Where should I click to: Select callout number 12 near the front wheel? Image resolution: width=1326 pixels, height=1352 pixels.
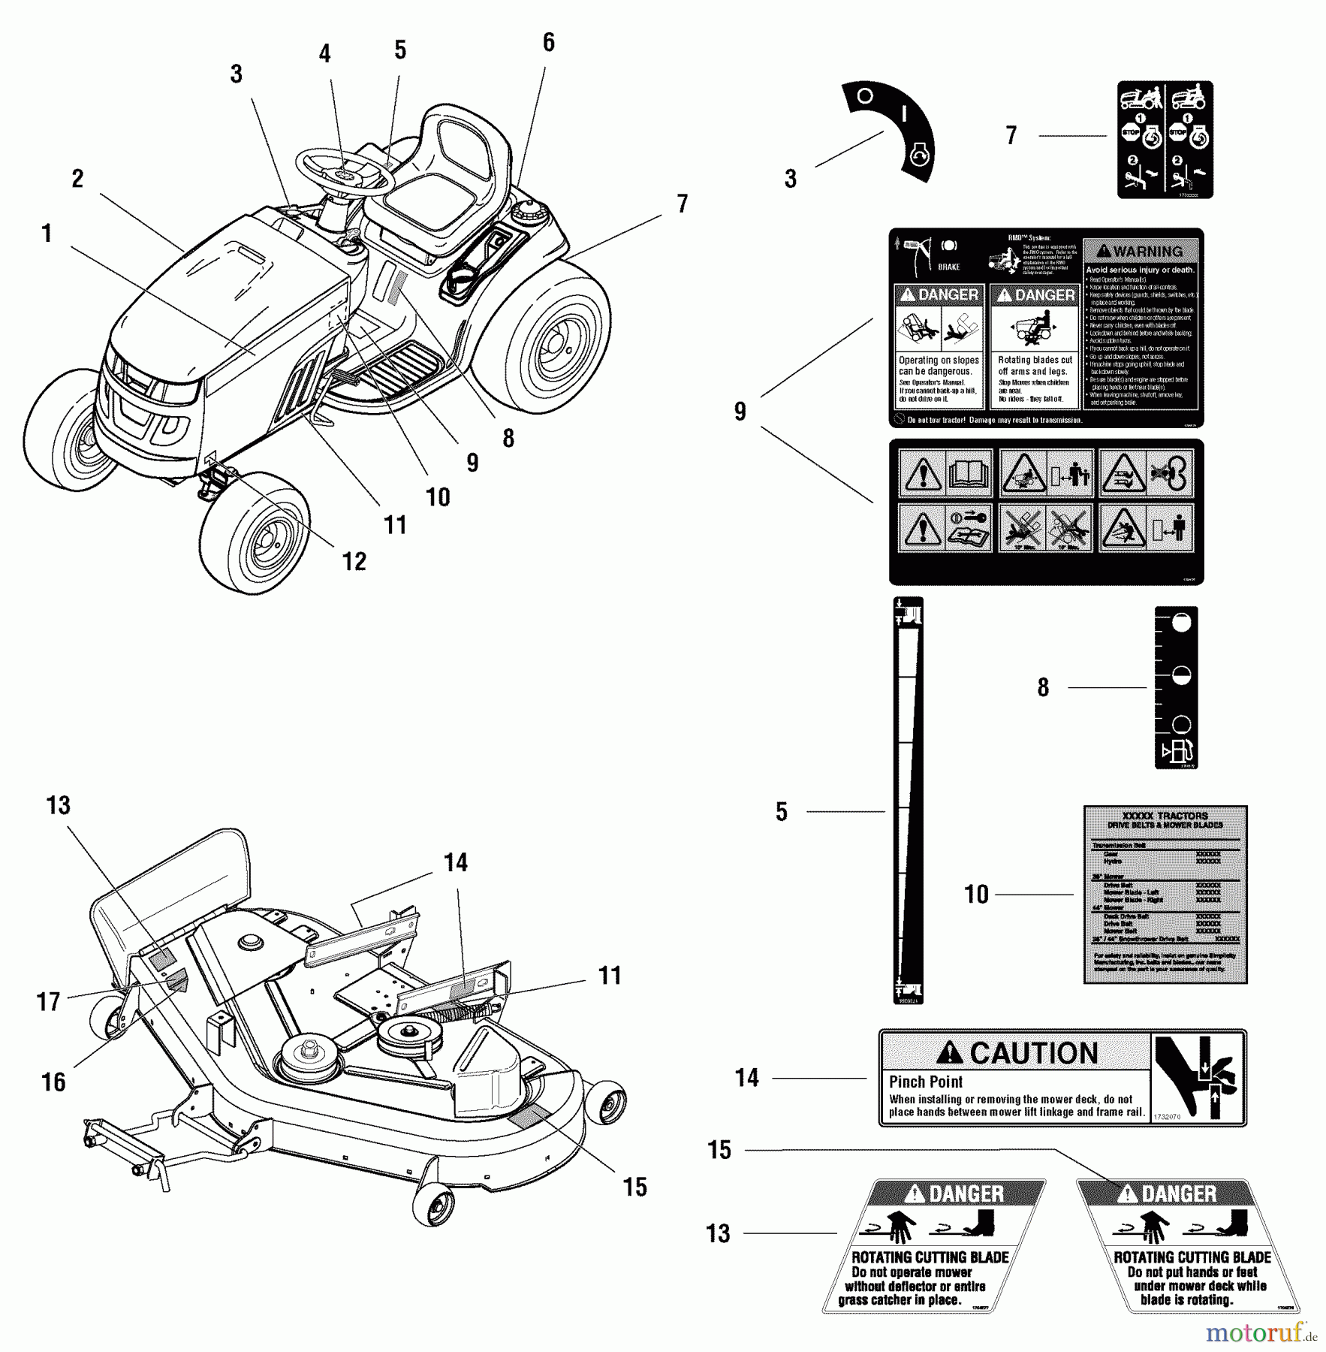click(x=354, y=561)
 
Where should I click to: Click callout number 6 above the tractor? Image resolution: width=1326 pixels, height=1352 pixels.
click(x=549, y=43)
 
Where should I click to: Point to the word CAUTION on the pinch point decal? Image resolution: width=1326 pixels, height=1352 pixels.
click(x=1034, y=1053)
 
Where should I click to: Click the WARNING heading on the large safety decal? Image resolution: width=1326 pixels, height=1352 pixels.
click(x=1140, y=252)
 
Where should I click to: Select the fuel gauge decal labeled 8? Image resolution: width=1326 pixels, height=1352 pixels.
click(x=1176, y=687)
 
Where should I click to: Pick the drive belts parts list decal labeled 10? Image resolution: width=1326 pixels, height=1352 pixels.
click(x=1165, y=895)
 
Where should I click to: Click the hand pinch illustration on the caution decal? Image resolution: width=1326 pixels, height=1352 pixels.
click(x=1198, y=1078)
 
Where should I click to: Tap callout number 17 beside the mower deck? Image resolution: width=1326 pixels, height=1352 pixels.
click(x=49, y=1002)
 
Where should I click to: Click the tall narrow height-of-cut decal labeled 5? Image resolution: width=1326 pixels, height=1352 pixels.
click(x=908, y=801)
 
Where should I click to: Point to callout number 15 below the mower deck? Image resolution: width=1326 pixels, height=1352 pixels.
click(x=634, y=1187)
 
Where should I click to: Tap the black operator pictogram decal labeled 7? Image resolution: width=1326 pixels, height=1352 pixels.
click(x=1165, y=140)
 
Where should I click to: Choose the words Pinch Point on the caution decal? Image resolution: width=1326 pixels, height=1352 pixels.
click(x=925, y=1082)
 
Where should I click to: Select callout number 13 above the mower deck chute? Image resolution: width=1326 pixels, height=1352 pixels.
click(x=59, y=805)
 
